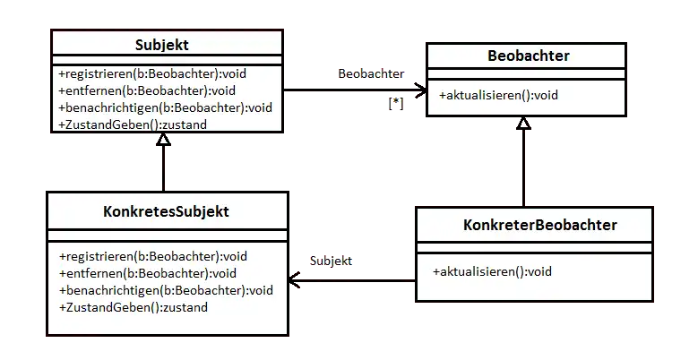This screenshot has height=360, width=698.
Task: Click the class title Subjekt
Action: (x=162, y=45)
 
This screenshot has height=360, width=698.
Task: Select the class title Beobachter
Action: (x=529, y=56)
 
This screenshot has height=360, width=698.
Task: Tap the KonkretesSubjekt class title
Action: (x=166, y=211)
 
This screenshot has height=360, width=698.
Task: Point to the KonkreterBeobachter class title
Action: (x=540, y=225)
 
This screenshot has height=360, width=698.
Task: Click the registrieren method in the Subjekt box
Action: (x=152, y=73)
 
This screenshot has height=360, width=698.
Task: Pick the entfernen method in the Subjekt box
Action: (x=147, y=90)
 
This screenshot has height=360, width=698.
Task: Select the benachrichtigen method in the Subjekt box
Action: (x=165, y=108)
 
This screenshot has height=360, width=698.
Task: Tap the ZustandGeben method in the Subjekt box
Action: (x=133, y=124)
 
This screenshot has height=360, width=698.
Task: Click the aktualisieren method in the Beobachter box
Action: (x=498, y=95)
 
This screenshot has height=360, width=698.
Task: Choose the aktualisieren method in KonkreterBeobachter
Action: (x=492, y=271)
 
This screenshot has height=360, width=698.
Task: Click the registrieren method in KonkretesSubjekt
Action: (x=153, y=257)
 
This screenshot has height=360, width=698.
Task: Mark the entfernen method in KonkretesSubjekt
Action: (x=148, y=274)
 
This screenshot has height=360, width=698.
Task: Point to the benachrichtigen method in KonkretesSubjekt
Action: (x=166, y=290)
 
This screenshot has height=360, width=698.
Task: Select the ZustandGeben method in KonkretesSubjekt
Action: (x=134, y=307)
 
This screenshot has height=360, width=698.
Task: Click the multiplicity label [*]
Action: (x=396, y=104)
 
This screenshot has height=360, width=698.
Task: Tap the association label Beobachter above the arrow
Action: (x=371, y=73)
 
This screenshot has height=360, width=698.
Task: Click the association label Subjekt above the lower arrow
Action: (x=331, y=261)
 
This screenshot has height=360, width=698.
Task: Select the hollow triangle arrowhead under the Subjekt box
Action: (x=163, y=140)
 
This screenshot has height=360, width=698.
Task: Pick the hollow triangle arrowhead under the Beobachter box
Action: (x=523, y=124)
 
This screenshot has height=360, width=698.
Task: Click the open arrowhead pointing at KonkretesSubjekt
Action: (x=294, y=280)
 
